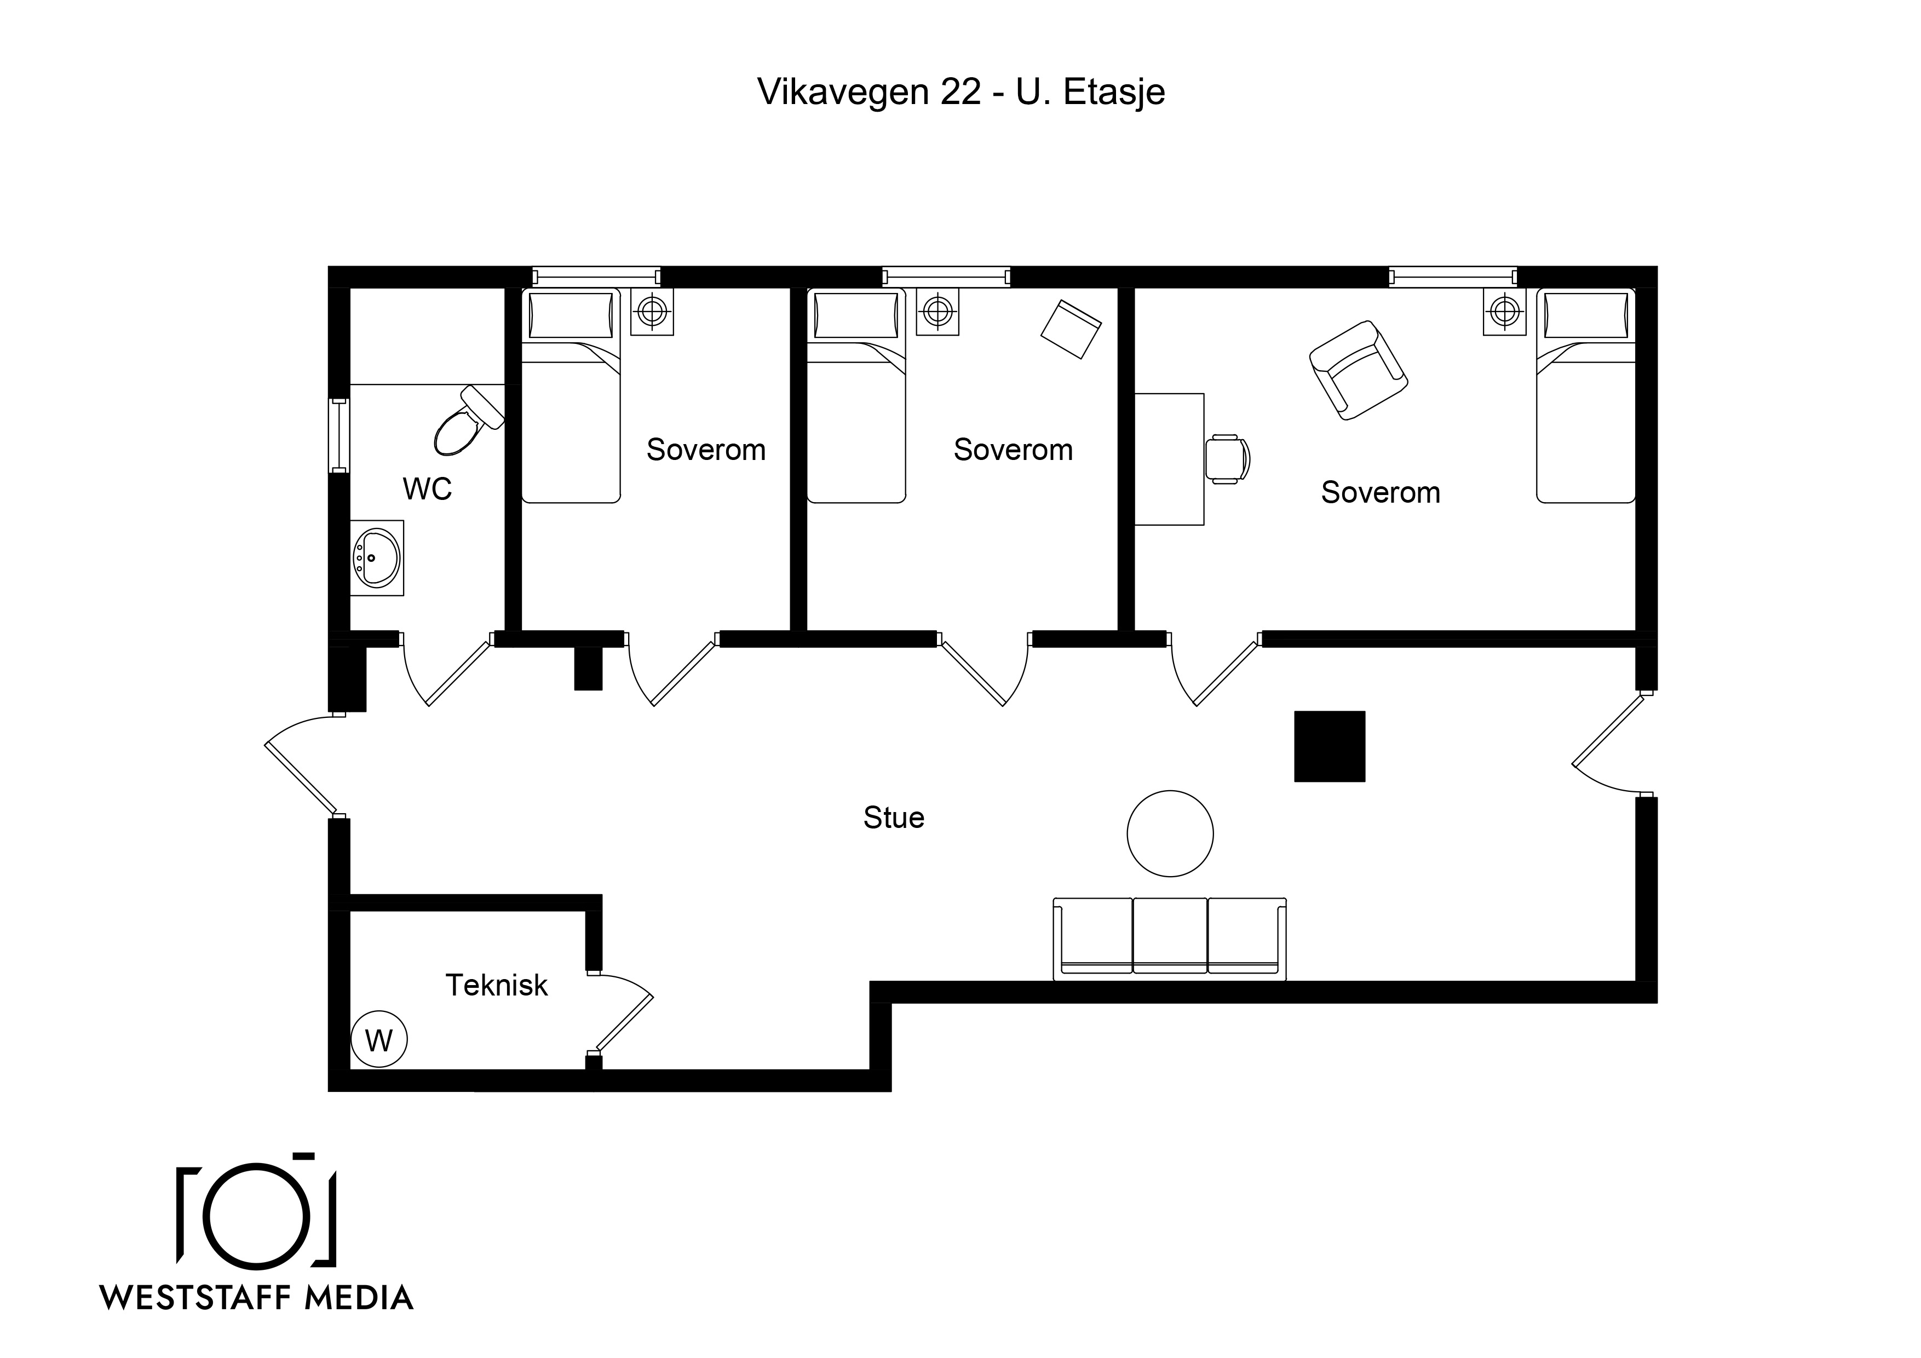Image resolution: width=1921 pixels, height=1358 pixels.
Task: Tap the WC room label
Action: (428, 488)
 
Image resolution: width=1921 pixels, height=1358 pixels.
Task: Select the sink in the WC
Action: (377, 557)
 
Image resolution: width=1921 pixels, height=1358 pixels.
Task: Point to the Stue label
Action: (894, 818)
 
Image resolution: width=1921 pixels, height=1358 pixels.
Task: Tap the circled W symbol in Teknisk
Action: (379, 1040)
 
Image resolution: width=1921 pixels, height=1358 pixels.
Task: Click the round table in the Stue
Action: (1170, 833)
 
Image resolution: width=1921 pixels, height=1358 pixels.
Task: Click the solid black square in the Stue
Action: (1330, 746)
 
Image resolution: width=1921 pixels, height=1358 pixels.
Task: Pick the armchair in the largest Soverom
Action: (1358, 370)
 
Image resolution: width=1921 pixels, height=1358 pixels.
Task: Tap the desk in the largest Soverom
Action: (1169, 459)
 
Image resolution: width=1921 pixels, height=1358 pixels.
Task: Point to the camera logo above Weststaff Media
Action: (257, 1211)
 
